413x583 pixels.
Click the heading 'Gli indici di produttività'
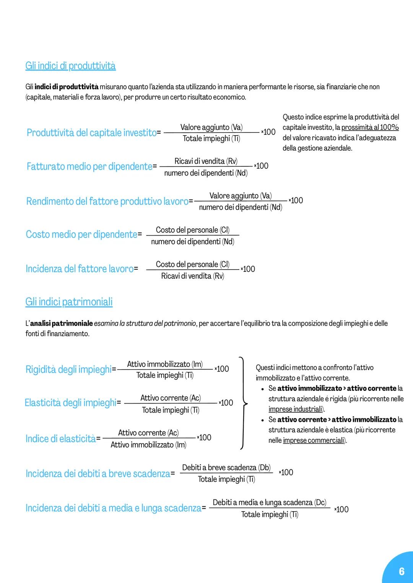[70, 66]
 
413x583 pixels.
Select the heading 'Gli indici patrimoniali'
[69, 302]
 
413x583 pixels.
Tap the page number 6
[401, 571]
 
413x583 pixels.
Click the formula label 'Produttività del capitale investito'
[92, 132]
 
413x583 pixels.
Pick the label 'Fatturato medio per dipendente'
[89, 166]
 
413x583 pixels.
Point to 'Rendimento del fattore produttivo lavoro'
[107, 201]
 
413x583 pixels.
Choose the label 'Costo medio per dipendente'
[81, 234]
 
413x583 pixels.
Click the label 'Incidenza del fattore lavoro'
[80, 269]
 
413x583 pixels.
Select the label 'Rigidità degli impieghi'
[68, 369]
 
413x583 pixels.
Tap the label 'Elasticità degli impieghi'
[70, 402]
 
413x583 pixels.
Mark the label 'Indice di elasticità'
[60, 439]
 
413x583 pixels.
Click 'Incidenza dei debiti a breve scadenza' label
[98, 473]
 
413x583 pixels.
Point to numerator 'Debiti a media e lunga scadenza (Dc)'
[270, 502]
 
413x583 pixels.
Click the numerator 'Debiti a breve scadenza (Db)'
[226, 468]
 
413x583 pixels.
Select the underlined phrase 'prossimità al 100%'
[370, 128]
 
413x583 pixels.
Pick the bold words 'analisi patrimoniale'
[61, 323]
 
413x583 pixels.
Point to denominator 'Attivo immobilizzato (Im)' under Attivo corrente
[148, 445]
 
